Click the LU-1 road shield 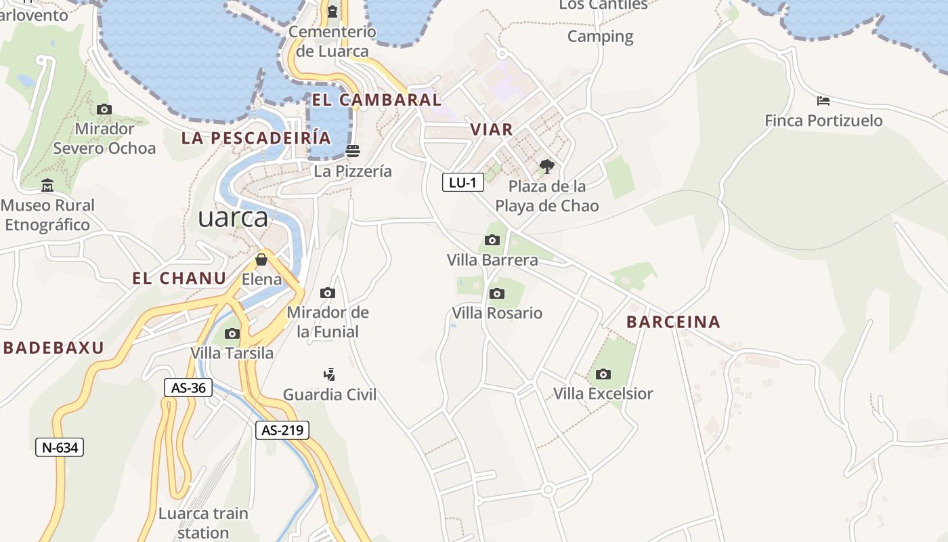pyautogui.click(x=463, y=182)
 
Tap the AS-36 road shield pyautogui.click(x=188, y=388)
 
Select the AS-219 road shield pyautogui.click(x=282, y=430)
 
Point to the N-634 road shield pyautogui.click(x=60, y=447)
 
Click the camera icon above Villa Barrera pyautogui.click(x=492, y=240)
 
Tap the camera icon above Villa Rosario pyautogui.click(x=497, y=293)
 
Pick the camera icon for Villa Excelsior pyautogui.click(x=603, y=374)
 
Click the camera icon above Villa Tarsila pyautogui.click(x=232, y=333)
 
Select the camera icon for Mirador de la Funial pyautogui.click(x=328, y=293)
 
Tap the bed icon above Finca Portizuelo pyautogui.click(x=823, y=101)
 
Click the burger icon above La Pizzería pyautogui.click(x=352, y=150)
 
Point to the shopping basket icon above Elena pyautogui.click(x=261, y=259)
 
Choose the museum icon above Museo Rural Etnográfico pyautogui.click(x=47, y=185)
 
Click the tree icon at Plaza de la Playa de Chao pyautogui.click(x=546, y=166)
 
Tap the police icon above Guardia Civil pyautogui.click(x=329, y=374)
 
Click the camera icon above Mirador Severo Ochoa pyautogui.click(x=104, y=109)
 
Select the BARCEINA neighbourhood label pyautogui.click(x=673, y=322)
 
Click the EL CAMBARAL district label pyautogui.click(x=376, y=100)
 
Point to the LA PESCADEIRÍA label pyautogui.click(x=256, y=138)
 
